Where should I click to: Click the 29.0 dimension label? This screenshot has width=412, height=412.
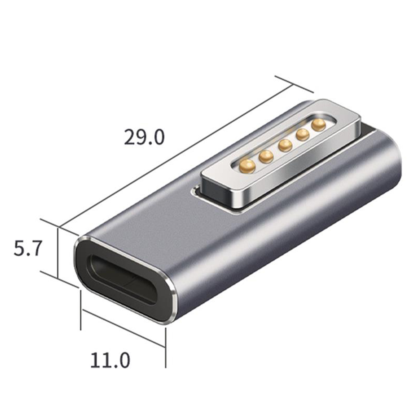click(144, 137)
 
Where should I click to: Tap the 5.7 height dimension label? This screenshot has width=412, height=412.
click(28, 248)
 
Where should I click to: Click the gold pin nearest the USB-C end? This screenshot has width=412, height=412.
click(247, 167)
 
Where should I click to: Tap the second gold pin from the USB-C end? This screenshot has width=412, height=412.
click(266, 157)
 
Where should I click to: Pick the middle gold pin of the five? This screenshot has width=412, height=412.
click(285, 145)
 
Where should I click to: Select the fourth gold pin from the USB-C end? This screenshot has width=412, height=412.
click(303, 135)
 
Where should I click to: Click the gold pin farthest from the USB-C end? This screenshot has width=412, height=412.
click(319, 125)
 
